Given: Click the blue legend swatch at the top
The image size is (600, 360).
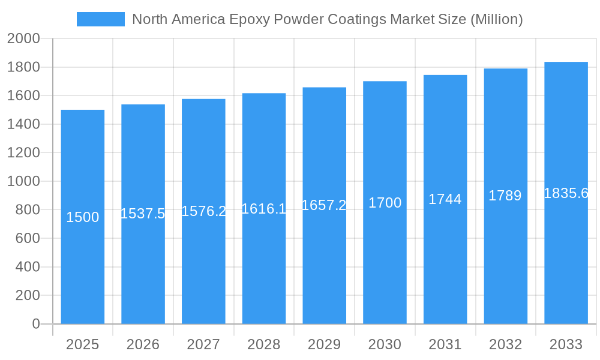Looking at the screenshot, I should coord(100,19).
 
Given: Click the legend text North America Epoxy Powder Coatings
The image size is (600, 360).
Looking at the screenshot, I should coord(327,19).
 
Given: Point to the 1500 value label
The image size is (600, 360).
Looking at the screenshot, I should coord(83,217).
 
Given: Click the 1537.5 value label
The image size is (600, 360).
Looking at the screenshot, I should coord(143,214).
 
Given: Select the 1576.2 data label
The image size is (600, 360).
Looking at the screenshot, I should coord(203,211).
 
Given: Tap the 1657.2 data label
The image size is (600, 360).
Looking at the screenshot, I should coord(324,205).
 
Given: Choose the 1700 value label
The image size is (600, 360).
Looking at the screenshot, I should coord(385,203).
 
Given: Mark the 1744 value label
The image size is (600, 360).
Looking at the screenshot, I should coord(445,199).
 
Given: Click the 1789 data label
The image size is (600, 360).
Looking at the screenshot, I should coord(505,196).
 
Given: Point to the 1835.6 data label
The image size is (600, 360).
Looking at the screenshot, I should coord(566,193).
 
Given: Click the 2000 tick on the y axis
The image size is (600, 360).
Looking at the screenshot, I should coord(23,39).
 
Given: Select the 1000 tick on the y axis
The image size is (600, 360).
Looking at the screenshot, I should coord(23,181).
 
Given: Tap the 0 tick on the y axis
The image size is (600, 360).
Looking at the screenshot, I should coord(35,324).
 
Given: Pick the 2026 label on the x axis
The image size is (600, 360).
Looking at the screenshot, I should coord(143,344).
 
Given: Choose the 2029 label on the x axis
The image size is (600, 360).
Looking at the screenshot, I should coord(324,344).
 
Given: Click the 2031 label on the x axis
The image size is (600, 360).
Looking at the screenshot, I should coord(445,344).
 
